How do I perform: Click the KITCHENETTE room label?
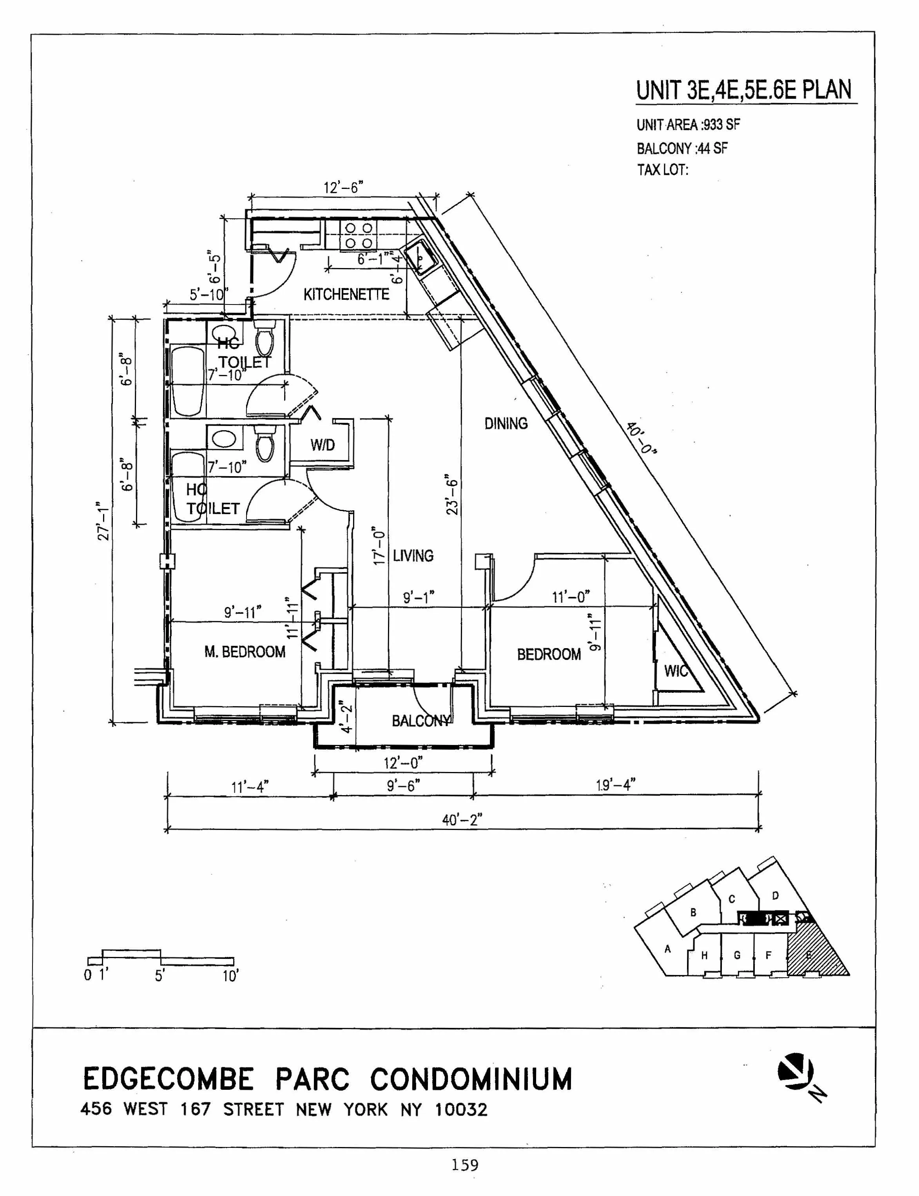(x=346, y=295)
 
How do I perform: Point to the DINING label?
(x=506, y=423)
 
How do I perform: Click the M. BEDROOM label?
(x=245, y=652)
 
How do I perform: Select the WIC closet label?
(x=676, y=671)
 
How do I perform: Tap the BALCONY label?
(x=421, y=721)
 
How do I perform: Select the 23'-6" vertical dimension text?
(x=452, y=495)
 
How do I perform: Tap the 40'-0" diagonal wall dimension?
(x=641, y=437)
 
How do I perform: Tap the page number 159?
(x=464, y=1165)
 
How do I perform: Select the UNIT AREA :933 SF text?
(x=688, y=125)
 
